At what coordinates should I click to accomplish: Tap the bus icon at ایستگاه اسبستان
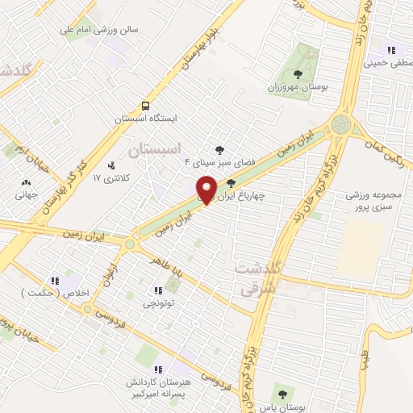point(145,106)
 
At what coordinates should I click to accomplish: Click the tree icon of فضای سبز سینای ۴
point(219,148)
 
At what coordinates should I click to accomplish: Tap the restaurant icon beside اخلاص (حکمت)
point(56,281)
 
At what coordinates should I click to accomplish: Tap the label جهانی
point(26,194)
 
